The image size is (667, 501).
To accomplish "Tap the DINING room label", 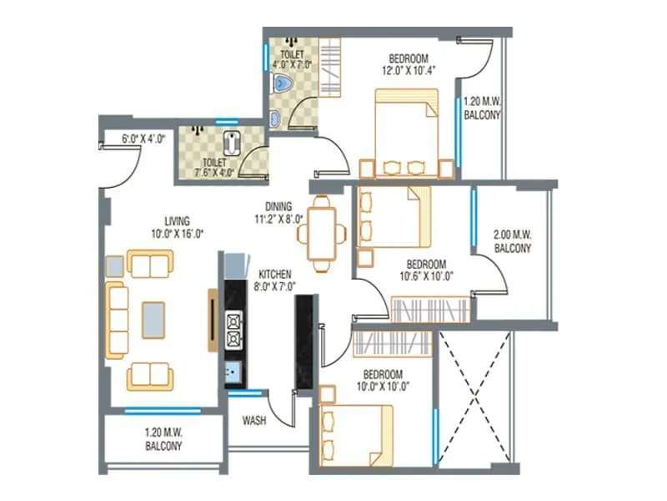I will (x=278, y=206).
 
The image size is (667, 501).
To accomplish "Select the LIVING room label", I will (x=177, y=221).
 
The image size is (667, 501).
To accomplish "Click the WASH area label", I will (x=254, y=421).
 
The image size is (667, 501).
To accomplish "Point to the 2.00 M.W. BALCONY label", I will (x=514, y=243).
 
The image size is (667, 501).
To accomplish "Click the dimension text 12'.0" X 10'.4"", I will (x=408, y=72).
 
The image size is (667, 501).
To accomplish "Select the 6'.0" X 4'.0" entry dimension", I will (x=143, y=139).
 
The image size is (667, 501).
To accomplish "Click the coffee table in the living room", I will (x=153, y=320).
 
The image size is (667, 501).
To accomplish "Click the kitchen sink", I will (x=233, y=372).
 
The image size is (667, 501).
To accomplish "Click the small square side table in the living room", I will (x=114, y=266).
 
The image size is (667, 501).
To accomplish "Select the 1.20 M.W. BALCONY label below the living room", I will (x=163, y=440).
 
